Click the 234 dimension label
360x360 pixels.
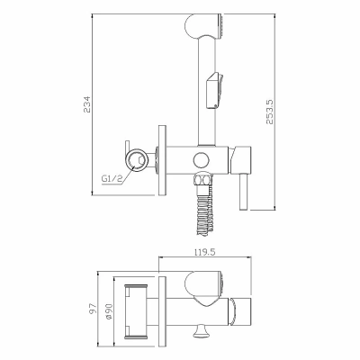87,104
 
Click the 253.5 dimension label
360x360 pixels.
269,112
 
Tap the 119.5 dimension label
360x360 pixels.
204,252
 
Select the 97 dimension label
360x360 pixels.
94,308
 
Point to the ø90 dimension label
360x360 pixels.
109,311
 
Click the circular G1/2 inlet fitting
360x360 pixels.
137,160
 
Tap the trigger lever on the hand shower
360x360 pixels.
215,90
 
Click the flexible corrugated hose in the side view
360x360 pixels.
205,210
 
